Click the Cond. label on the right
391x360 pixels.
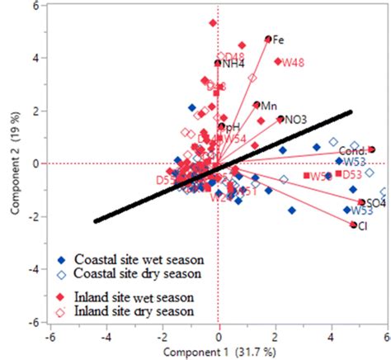352,151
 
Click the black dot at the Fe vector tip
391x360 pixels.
268,39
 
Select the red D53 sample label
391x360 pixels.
352,174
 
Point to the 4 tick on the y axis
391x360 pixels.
38,58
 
